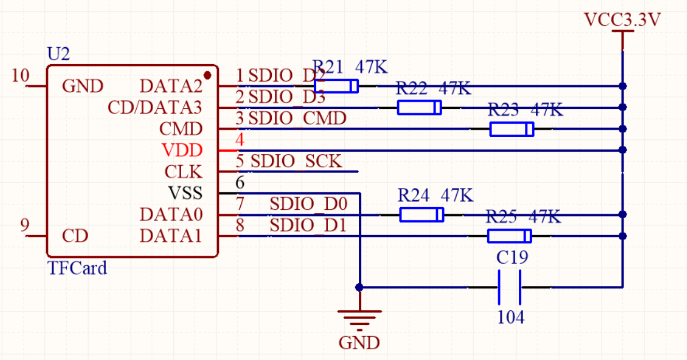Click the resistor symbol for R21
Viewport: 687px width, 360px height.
coord(336,86)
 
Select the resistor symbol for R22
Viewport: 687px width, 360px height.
coord(419,108)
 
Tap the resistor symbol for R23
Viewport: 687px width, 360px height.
coord(511,129)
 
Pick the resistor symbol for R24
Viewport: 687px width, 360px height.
coord(421,214)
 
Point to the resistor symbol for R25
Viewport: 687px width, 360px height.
coord(509,236)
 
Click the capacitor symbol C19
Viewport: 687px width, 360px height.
coord(509,287)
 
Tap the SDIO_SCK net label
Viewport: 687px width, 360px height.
coord(297,162)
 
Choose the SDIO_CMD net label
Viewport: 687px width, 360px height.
coord(298,119)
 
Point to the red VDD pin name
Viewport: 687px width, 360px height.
coord(182,151)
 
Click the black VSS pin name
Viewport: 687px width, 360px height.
coord(185,193)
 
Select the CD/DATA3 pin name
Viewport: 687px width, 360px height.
coord(155,108)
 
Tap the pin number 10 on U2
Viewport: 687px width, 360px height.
coord(21,76)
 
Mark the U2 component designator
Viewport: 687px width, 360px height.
coord(58,54)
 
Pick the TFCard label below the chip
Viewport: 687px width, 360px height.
coord(77,268)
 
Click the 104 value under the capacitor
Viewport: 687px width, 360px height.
coord(510,317)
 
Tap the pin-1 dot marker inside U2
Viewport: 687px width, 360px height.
coord(208,76)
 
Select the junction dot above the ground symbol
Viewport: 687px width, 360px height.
coord(359,287)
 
